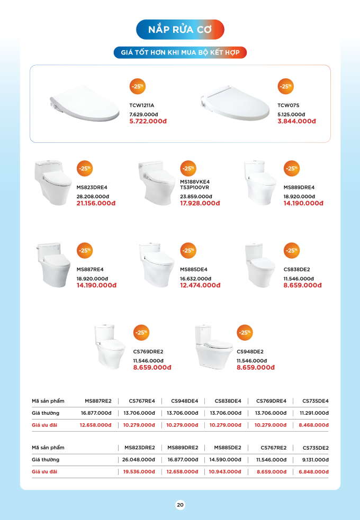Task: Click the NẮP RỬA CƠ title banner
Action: (180, 30)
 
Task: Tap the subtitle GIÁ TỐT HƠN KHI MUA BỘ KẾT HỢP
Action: (180, 52)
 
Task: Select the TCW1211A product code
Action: (142, 105)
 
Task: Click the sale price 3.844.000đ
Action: (296, 121)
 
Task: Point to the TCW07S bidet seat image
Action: (235, 103)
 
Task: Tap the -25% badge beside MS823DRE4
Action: (85, 168)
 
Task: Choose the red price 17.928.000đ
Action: (200, 203)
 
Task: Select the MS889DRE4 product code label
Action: (299, 187)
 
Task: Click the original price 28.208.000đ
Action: (93, 197)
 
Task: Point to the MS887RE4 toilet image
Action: (53, 264)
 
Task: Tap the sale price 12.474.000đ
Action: (200, 285)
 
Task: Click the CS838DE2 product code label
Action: (296, 270)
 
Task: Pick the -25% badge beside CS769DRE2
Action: (141, 333)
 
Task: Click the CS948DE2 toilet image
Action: (213, 346)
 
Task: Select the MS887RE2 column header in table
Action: (98, 401)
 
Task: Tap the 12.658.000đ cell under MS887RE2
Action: (95, 425)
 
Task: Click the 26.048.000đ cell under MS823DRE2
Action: (138, 460)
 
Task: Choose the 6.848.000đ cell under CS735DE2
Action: (313, 472)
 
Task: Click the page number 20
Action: (180, 505)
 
